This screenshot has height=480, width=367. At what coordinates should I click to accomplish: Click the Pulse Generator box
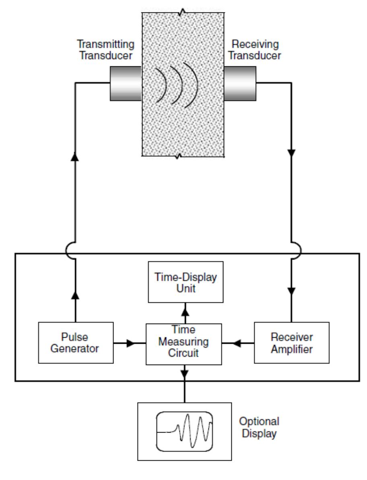click(x=76, y=343)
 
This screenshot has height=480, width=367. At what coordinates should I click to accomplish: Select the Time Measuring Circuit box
click(x=183, y=343)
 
